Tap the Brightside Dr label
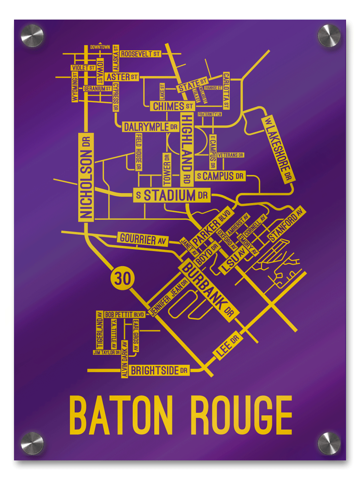point(159,370)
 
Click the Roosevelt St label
point(140,54)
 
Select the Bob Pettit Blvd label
point(124,315)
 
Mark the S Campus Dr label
point(220,176)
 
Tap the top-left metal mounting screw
point(32,36)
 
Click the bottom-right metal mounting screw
point(329,443)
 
